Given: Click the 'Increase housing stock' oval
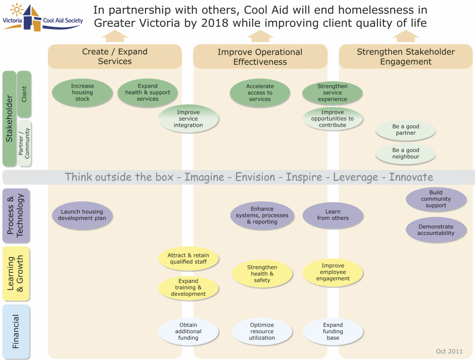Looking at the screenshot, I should coord(82,92).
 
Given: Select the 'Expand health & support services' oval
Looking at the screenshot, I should coord(147,92).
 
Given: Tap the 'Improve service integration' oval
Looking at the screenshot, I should coord(188,119).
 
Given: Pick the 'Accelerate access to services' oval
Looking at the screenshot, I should coord(260,93).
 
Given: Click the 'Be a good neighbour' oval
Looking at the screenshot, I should coord(405,154).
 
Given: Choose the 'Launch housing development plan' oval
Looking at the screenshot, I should coord(82,215).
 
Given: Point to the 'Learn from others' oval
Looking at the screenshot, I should coord(333,215).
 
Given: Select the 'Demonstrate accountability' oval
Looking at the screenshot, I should coord(436,230).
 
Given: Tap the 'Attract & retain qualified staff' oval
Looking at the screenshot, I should coord(188,258).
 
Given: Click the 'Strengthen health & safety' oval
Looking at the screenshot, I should coord(262,273).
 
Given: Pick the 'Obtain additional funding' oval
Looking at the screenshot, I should coord(188,331).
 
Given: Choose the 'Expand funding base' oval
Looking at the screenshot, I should coord(333,331).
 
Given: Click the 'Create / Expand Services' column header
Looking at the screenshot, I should coord(115,56).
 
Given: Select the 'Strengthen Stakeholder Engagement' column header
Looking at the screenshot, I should coord(405,56).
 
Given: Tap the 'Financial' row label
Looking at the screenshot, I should coord(16,332).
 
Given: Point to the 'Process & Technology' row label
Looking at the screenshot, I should coord(16,216).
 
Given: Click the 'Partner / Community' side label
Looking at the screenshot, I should coord(24,144).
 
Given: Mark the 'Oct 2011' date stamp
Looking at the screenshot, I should coord(448,351).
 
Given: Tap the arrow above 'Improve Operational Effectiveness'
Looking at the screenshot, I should coord(260,36).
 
